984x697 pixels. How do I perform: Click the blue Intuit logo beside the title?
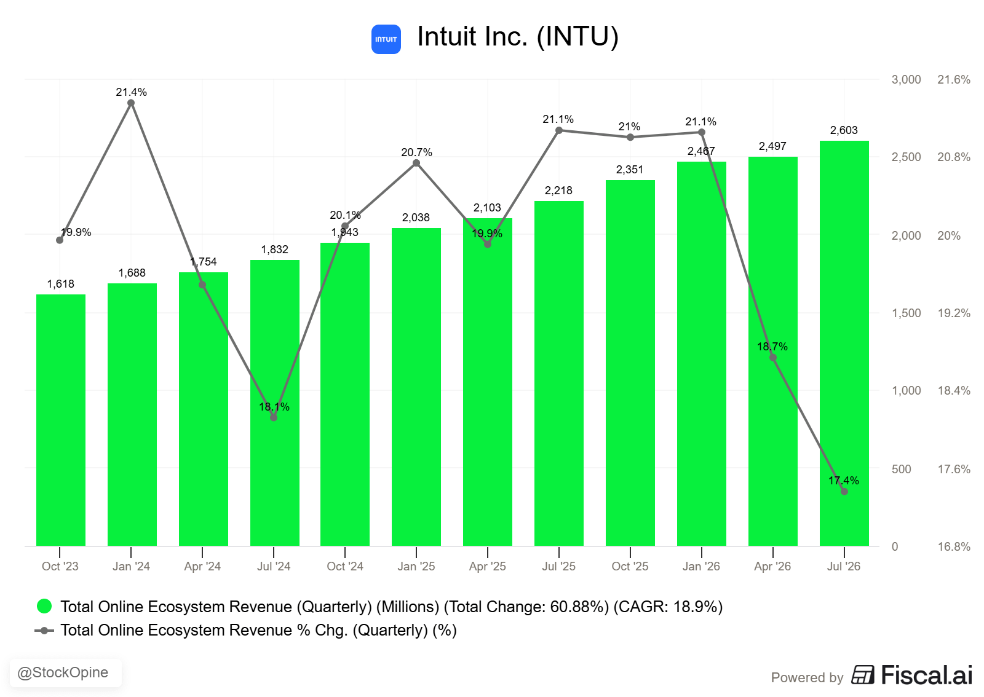[x=386, y=39]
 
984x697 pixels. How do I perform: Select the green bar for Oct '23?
[x=61, y=420]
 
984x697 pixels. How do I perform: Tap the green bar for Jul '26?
[x=844, y=343]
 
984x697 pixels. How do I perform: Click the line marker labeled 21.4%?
[x=131, y=103]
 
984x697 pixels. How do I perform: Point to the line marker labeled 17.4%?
[x=844, y=491]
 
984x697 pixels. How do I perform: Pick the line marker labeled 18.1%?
[x=274, y=417]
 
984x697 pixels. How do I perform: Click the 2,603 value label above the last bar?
[x=843, y=130]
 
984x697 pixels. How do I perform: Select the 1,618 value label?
[x=61, y=283]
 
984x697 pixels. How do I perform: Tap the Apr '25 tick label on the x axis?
[x=487, y=566]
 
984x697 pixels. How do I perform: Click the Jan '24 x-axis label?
[x=131, y=566]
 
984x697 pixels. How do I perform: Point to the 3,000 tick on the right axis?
[x=906, y=79]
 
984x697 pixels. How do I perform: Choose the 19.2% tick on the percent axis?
[x=954, y=313]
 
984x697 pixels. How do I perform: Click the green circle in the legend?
[x=44, y=606]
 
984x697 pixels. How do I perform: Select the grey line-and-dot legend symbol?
[x=44, y=631]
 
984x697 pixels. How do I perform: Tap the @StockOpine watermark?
[x=62, y=672]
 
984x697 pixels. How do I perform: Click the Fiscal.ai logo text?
[x=926, y=675]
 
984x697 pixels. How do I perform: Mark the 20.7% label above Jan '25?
[x=416, y=152]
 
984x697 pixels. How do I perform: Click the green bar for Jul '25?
[x=559, y=373]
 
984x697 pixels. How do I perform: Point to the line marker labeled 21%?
[x=630, y=137]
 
